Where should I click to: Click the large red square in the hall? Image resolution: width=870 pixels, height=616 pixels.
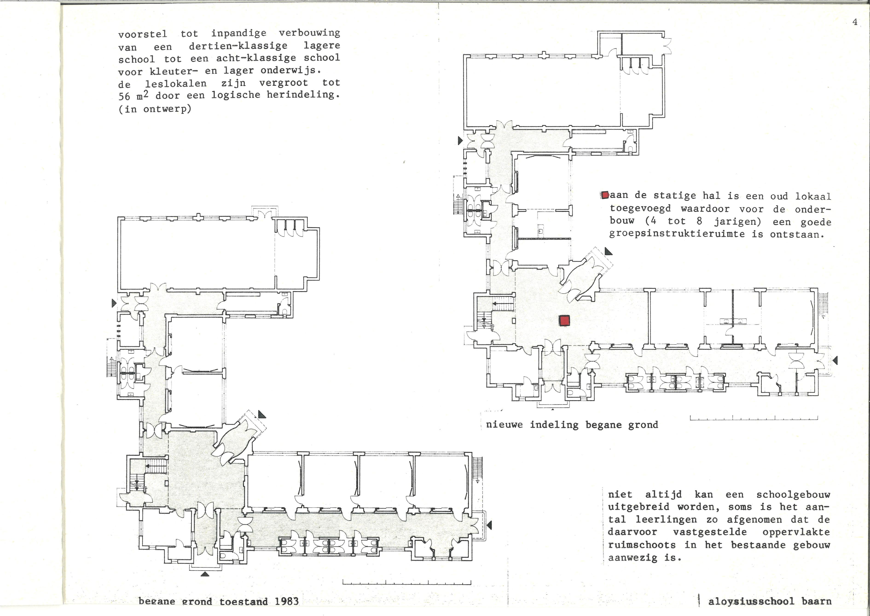pyautogui.click(x=564, y=321)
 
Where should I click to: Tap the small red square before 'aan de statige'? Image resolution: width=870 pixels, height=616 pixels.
pyautogui.click(x=605, y=195)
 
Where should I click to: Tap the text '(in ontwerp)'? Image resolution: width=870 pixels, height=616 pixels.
pyautogui.click(x=155, y=109)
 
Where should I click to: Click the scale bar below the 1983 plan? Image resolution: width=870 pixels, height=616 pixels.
pyautogui.click(x=407, y=582)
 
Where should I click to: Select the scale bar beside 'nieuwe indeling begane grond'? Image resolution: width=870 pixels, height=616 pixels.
pyautogui.click(x=754, y=418)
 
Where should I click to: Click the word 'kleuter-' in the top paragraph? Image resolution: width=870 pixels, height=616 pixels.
pyautogui.click(x=174, y=71)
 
